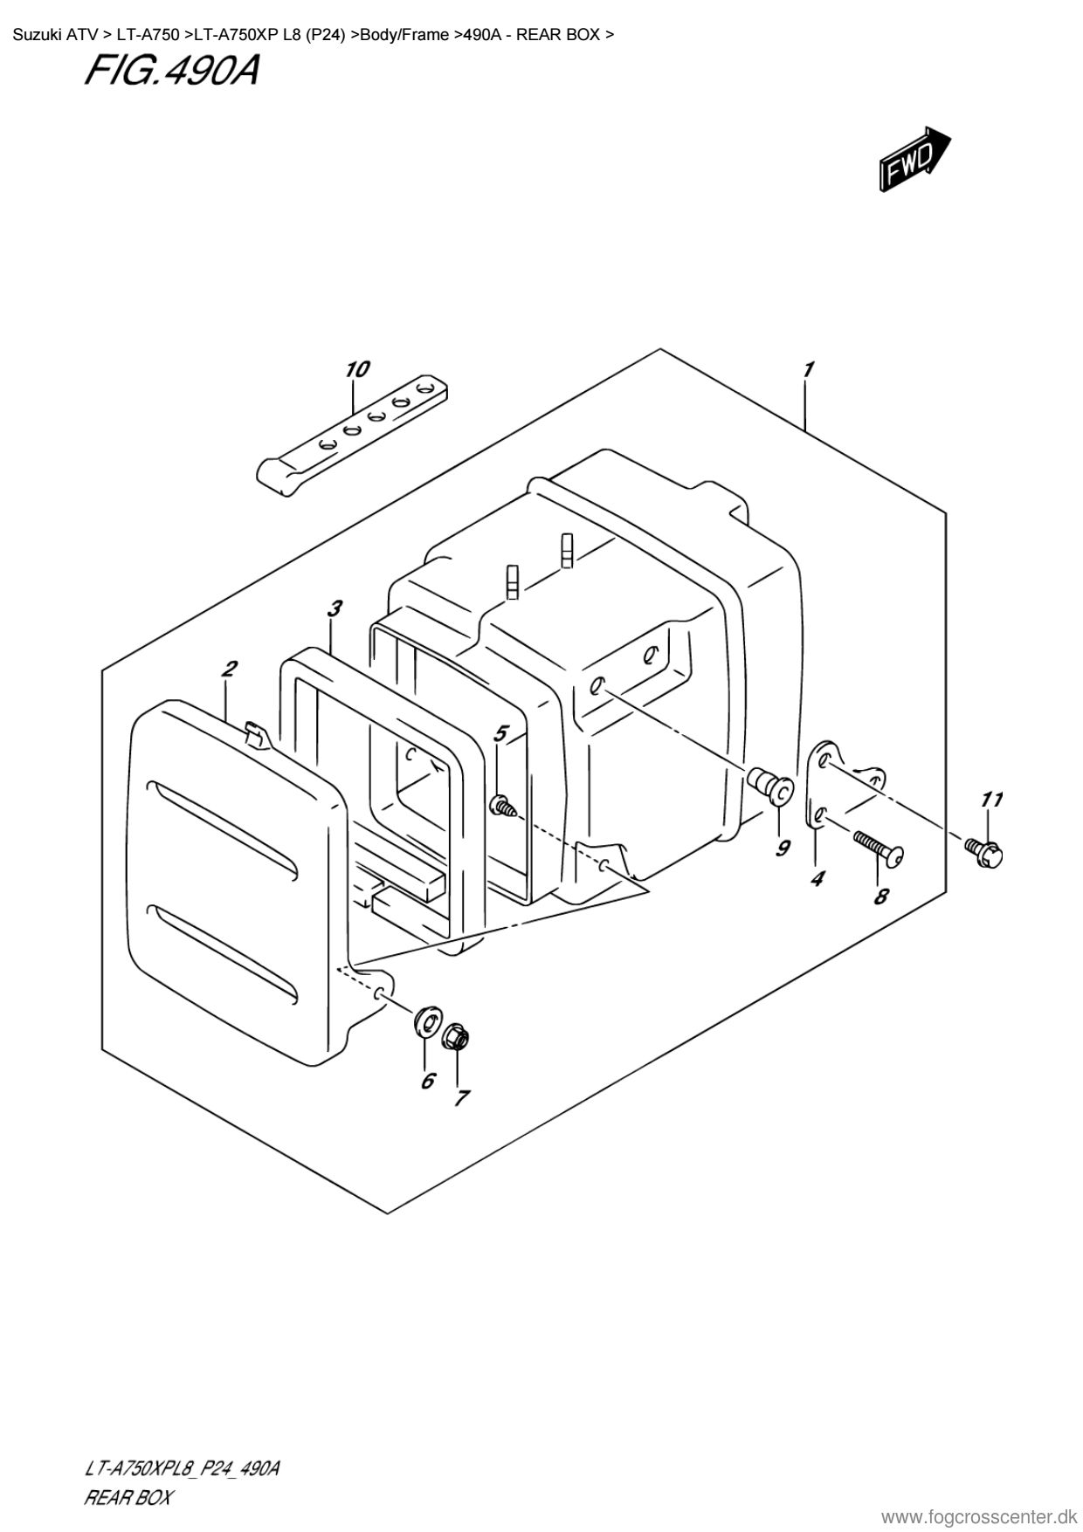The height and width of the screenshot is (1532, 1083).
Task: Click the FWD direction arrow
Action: click(914, 158)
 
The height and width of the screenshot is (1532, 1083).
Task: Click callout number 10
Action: click(356, 370)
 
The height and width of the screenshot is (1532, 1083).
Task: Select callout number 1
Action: click(809, 370)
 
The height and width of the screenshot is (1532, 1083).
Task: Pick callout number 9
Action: click(783, 847)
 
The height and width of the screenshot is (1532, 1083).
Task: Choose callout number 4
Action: click(816, 879)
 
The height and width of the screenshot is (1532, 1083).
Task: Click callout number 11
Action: click(990, 800)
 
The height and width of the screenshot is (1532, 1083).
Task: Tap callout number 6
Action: click(427, 1081)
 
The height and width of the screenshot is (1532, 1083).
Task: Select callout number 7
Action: click(461, 1097)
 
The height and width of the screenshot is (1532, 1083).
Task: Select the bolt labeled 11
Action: click(983, 848)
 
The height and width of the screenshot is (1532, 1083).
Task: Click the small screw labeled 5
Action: click(503, 806)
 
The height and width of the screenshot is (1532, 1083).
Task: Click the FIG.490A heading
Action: click(172, 72)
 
